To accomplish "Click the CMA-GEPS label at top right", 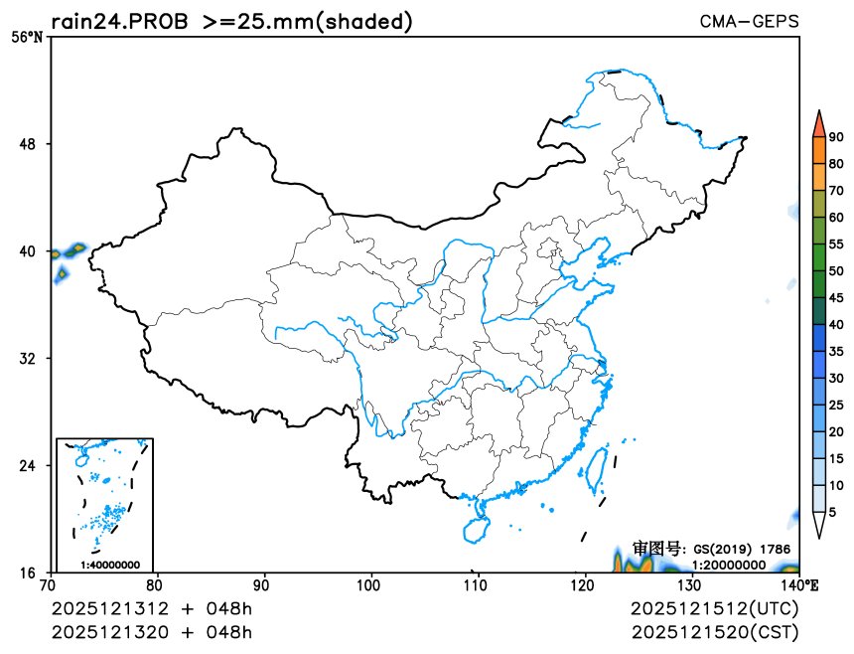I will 749,21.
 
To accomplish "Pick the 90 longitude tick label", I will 264,584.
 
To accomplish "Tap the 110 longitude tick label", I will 478,584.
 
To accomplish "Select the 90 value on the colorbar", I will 836,137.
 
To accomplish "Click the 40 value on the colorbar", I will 836,324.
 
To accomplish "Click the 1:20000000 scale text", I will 729,565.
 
